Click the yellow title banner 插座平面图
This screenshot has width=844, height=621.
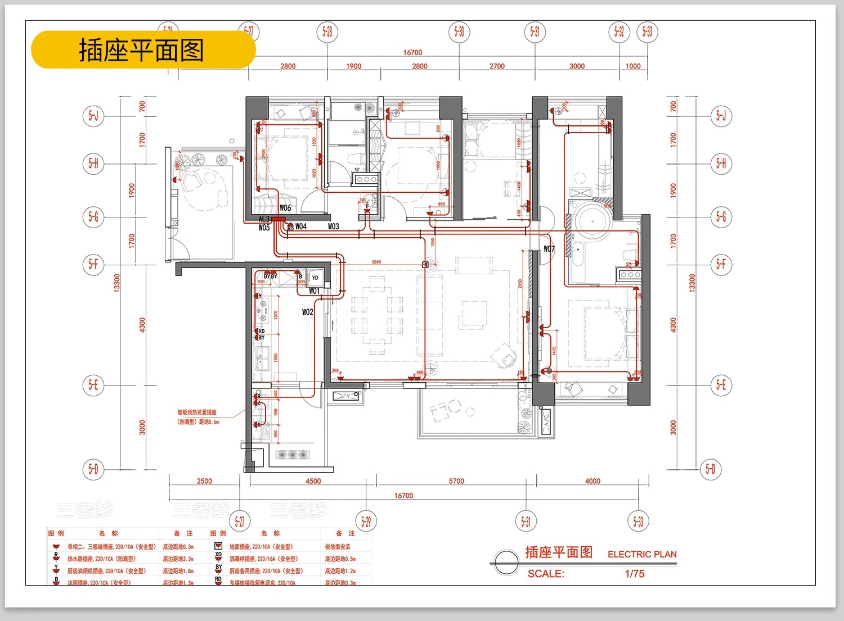143,51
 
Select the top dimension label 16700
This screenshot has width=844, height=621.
412,52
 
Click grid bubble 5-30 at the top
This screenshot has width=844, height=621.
459,31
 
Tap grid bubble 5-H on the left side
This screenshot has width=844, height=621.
93,164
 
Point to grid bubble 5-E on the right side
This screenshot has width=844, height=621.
721,385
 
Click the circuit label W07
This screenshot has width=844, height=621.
549,249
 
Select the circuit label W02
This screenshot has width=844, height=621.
307,312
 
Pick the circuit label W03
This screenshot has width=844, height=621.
334,226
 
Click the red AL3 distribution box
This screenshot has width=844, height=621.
279,219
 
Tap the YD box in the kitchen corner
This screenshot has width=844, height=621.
315,278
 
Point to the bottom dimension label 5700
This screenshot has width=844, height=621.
456,481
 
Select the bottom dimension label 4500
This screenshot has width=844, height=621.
313,481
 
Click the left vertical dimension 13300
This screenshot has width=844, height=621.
117,283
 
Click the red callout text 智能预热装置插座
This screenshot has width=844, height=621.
197,412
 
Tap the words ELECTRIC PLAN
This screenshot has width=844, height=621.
642,554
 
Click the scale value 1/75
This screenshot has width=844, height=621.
635,574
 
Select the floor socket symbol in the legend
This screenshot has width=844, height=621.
218,546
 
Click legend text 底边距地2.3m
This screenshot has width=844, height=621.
178,559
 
